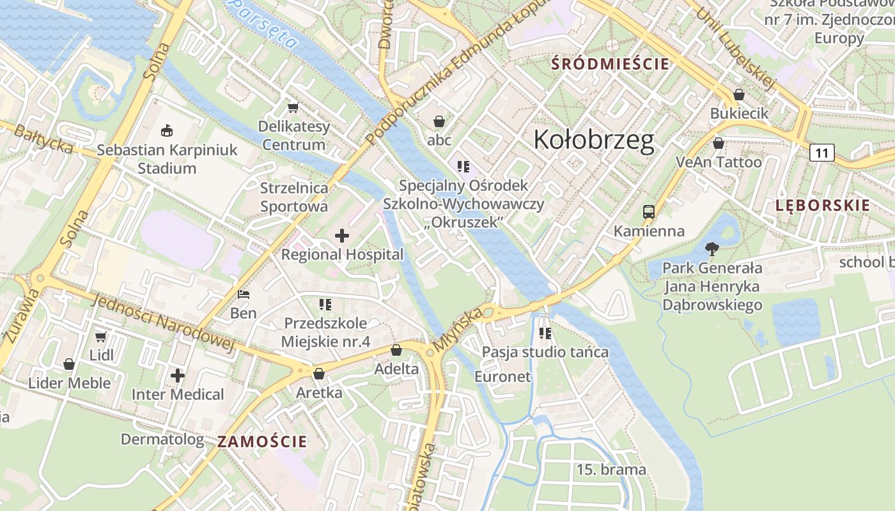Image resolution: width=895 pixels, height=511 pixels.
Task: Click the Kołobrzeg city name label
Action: (594, 140)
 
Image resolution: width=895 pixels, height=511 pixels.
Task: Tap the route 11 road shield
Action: (821, 153)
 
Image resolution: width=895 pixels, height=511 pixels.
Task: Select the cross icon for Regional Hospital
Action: (342, 236)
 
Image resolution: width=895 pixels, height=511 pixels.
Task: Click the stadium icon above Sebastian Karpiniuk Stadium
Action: (167, 131)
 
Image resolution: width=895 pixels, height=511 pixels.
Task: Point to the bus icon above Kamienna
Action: (649, 212)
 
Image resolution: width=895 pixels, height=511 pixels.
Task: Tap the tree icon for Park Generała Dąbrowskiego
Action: (712, 248)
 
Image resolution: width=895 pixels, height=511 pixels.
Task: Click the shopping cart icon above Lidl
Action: (100, 336)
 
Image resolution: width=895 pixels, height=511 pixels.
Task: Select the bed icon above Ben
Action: (244, 294)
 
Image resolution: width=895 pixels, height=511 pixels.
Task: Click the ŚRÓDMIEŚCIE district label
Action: (610, 64)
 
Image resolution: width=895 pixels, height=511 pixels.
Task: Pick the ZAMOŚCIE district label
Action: (262, 441)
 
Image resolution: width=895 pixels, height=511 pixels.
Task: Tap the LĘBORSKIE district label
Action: (823, 205)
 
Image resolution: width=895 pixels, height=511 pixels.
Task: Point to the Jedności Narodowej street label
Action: (162, 323)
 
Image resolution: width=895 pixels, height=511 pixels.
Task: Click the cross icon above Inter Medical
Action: (178, 375)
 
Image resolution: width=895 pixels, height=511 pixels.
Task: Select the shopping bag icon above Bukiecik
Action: (739, 95)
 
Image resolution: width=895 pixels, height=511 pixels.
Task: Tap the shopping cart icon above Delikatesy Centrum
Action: (293, 107)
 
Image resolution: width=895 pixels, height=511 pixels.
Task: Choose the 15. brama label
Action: (611, 469)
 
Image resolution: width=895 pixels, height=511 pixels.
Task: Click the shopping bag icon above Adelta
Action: (396, 350)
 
